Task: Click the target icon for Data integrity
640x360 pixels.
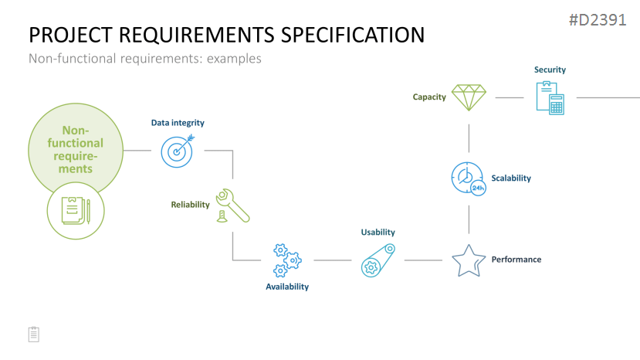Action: (x=177, y=151)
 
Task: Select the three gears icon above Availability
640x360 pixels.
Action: (x=287, y=260)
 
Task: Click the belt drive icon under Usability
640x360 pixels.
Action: (x=378, y=260)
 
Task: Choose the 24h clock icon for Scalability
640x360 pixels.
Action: (x=469, y=178)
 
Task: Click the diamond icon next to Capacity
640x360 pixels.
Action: (x=469, y=97)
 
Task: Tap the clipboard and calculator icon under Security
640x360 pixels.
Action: (x=550, y=98)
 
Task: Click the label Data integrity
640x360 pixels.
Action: (x=178, y=123)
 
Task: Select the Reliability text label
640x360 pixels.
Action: (x=190, y=204)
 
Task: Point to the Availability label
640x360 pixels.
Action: (x=287, y=287)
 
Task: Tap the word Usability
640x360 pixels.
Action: (x=378, y=232)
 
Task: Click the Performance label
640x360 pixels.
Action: (x=516, y=259)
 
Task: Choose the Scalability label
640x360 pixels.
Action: (x=511, y=178)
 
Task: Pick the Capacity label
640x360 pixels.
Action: (x=429, y=97)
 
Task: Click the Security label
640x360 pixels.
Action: (x=550, y=70)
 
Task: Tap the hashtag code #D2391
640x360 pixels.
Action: (x=598, y=20)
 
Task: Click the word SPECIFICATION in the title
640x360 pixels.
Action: (x=353, y=35)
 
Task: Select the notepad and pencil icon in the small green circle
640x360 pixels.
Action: (x=76, y=210)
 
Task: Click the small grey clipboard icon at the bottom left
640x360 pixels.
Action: (x=34, y=335)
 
